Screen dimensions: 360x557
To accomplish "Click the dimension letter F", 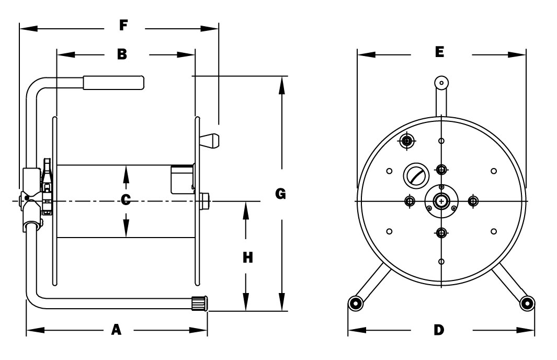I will (x=123, y=26).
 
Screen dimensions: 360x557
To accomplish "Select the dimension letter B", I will (x=121, y=53).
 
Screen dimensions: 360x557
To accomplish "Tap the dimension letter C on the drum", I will (x=126, y=200).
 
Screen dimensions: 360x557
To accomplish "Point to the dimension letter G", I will (x=280, y=194).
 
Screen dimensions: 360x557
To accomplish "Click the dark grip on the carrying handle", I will (x=112, y=83).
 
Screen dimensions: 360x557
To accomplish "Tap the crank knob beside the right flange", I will (x=210, y=140).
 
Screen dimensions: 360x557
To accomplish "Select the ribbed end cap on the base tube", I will (x=199, y=304).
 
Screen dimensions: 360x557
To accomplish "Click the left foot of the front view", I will (x=356, y=303).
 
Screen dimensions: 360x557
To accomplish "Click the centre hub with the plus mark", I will (x=442, y=201).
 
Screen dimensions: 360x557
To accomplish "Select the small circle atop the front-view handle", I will (x=442, y=82).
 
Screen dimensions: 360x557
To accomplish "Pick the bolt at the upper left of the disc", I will (x=407, y=140).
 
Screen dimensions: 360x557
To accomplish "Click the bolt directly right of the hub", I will (x=473, y=201).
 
